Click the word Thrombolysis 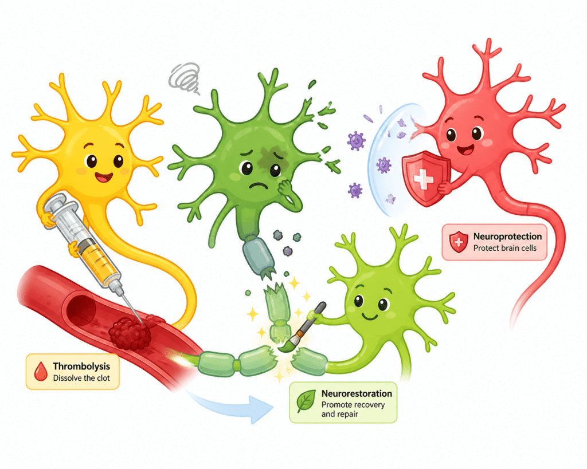[x=81, y=366]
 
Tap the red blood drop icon [x=41, y=372]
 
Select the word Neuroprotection [x=507, y=237]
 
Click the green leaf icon [x=306, y=401]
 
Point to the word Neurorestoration [x=357, y=393]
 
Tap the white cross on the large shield [x=423, y=179]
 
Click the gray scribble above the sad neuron [x=184, y=78]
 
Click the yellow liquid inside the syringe [x=98, y=259]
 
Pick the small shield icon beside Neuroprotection [x=458, y=242]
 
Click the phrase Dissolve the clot [x=81, y=378]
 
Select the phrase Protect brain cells [x=504, y=248]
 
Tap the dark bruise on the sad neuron [x=272, y=156]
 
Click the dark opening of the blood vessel [x=80, y=309]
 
